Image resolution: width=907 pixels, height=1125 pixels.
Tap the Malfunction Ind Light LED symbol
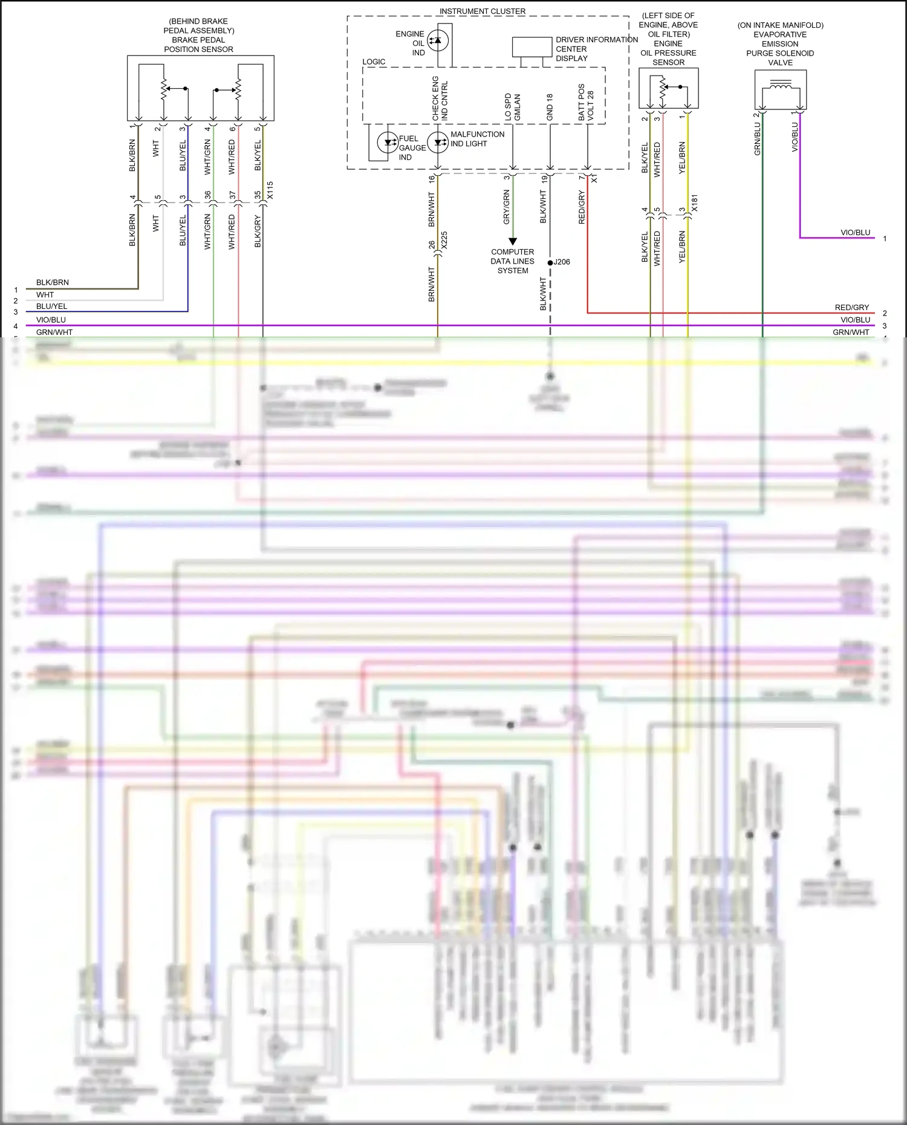point(438,143)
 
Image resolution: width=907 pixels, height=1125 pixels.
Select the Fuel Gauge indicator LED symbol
point(387,143)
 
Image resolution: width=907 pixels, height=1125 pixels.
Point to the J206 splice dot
point(550,262)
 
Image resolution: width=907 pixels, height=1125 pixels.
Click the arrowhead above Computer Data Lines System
point(513,242)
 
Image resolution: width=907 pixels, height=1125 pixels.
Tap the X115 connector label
point(270,190)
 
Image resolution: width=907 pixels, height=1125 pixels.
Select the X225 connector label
point(444,241)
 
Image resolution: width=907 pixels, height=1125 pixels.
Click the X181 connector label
point(694,203)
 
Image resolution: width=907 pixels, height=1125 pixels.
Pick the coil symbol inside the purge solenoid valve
point(781,87)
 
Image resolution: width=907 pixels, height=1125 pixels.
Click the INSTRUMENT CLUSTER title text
point(482,11)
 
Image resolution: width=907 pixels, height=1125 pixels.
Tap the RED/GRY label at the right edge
point(851,308)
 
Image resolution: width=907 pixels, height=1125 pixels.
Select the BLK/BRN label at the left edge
point(53,282)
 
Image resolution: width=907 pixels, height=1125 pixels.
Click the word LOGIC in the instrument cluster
point(374,62)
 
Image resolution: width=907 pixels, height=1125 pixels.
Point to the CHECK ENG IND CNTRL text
point(440,99)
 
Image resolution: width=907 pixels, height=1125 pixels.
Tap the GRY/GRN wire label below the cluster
point(507,207)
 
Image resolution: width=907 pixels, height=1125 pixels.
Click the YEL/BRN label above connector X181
point(682,158)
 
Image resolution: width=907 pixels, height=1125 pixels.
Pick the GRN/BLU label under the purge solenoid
point(757,139)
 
